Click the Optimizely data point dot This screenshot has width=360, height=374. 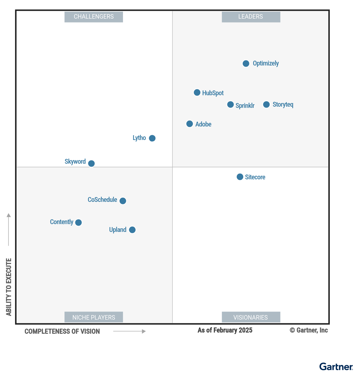[246, 64]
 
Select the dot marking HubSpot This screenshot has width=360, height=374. [197, 93]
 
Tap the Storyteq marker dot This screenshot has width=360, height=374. [266, 105]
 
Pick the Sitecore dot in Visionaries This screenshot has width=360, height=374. [240, 177]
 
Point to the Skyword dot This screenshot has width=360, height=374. [91, 163]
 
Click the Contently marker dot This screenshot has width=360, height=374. [78, 223]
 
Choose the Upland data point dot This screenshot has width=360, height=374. [132, 230]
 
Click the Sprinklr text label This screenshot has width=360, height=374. [245, 106]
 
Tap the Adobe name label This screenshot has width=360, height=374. [203, 124]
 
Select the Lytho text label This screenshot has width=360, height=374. [139, 138]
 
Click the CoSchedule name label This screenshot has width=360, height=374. [102, 200]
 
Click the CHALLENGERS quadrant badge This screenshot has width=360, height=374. [94, 17]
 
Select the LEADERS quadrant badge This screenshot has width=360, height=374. [251, 17]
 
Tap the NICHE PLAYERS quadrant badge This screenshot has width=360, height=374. [94, 317]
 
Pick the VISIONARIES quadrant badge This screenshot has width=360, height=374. [251, 317]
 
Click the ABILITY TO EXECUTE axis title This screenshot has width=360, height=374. [9, 287]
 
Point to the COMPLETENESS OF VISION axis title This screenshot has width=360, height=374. [62, 331]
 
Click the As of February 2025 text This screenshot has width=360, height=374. [225, 330]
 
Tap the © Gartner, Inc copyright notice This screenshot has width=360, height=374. [308, 330]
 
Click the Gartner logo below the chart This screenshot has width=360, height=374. [336, 367]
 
